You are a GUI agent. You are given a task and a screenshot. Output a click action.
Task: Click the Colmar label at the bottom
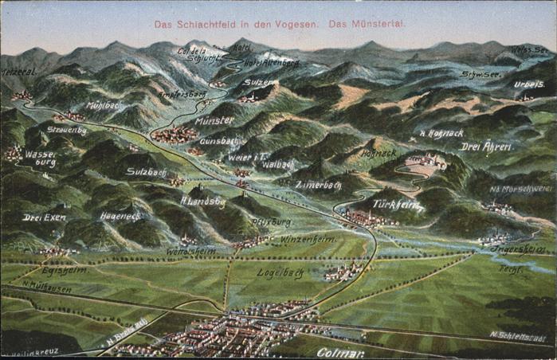pos(341,351)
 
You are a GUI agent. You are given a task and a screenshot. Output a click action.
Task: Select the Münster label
pos(214,120)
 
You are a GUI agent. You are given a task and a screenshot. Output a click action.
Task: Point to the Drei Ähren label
pos(486,146)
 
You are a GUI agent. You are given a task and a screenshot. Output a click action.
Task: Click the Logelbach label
pos(280,272)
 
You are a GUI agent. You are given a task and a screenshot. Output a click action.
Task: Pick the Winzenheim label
pos(308,238)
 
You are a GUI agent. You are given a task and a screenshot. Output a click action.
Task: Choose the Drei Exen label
pos(44,217)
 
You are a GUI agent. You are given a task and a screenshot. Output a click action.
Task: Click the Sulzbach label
pos(146,171)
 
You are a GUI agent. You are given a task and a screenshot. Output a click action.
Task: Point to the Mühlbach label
pos(104,105)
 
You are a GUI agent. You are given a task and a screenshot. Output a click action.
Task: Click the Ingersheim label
pos(518,248)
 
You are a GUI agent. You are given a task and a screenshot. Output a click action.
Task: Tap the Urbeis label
pos(529,84)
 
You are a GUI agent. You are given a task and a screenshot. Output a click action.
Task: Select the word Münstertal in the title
pos(378,24)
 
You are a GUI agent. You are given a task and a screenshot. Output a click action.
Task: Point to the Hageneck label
pos(120,216)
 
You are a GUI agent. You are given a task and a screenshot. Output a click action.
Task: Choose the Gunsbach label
pos(219,141)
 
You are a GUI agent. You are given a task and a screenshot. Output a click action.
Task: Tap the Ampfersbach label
pos(182,94)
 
